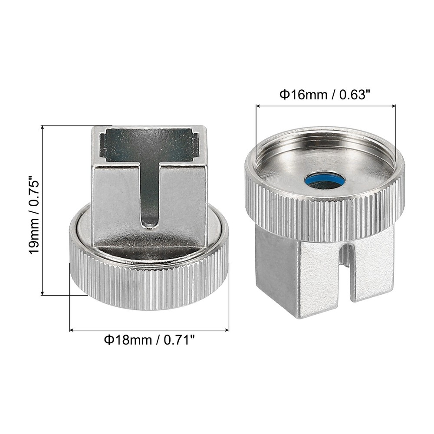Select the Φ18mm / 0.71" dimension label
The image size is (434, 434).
click(x=149, y=340)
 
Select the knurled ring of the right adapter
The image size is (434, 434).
click(x=325, y=213)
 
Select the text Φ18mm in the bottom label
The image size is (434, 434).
click(x=126, y=340)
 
